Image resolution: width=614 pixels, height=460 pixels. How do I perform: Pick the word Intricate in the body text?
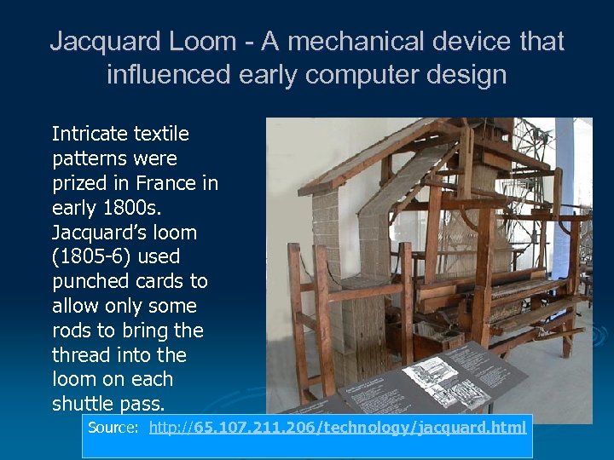point(89,134)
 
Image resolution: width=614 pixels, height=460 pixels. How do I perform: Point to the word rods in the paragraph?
point(71,331)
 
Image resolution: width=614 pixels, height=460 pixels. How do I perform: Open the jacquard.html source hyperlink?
point(337,428)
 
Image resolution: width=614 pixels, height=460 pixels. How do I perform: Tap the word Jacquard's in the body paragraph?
point(93,233)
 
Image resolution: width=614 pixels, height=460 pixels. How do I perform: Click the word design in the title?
point(468,75)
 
